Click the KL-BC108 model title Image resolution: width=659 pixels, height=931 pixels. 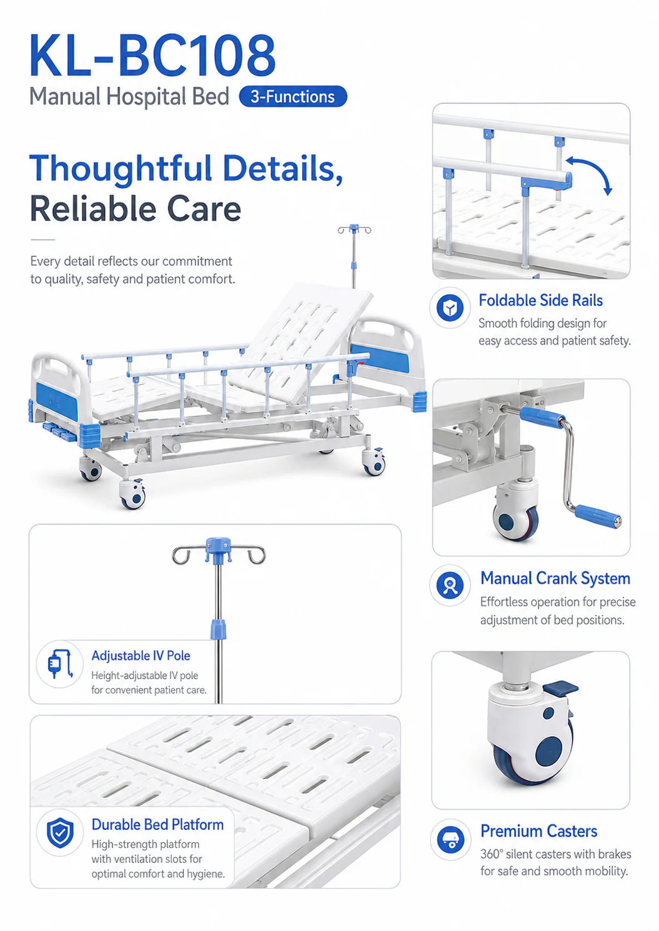pyautogui.click(x=152, y=56)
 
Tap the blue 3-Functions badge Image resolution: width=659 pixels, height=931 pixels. pyautogui.click(x=293, y=96)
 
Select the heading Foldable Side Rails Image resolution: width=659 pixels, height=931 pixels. pyautogui.click(x=540, y=300)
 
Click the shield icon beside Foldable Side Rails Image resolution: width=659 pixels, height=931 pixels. pyautogui.click(x=450, y=308)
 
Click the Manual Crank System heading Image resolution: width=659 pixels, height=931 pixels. pyautogui.click(x=555, y=578)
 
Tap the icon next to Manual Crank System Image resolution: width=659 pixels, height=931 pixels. pyautogui.click(x=450, y=585)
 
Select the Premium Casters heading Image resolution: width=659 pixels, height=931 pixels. pyautogui.click(x=539, y=831)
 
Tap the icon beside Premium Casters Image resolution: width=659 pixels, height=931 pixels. pyautogui.click(x=451, y=840)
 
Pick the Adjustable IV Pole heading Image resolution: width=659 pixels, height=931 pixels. pyautogui.click(x=141, y=656)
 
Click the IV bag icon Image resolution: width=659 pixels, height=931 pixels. pyautogui.click(x=60, y=664)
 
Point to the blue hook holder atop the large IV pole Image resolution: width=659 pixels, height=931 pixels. pyautogui.click(x=218, y=549)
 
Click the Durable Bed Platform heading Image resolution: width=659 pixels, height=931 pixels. pyautogui.click(x=157, y=825)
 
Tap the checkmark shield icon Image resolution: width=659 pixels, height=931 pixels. pyautogui.click(x=61, y=833)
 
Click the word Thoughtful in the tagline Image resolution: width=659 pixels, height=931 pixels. pyautogui.click(x=121, y=169)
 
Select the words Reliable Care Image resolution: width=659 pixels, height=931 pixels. pyautogui.click(x=136, y=209)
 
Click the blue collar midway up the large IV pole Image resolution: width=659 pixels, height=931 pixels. pyautogui.click(x=218, y=629)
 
